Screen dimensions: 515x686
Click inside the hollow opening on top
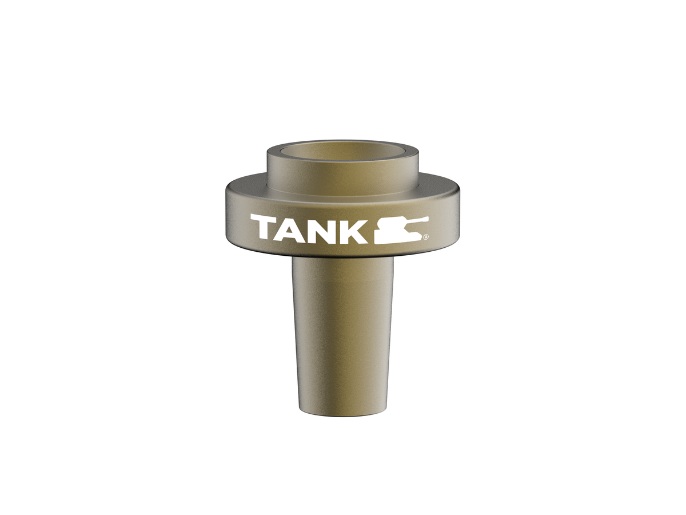pyautogui.click(x=343, y=153)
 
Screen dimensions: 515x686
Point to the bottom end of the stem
pyautogui.click(x=342, y=411)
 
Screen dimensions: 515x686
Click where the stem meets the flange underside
pyautogui.click(x=342, y=259)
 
